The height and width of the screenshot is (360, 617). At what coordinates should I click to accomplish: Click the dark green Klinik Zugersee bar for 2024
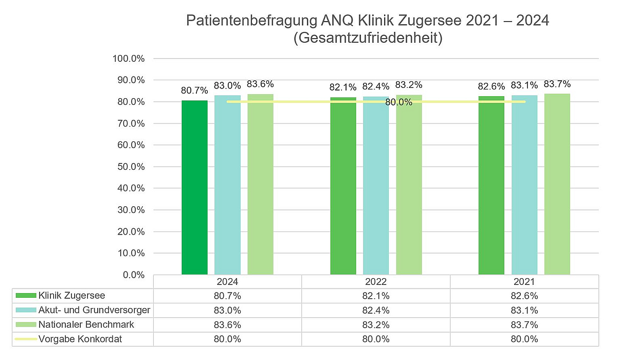(194, 188)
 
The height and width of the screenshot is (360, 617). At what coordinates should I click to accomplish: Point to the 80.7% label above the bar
(194, 91)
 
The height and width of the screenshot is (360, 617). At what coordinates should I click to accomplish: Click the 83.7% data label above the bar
(557, 84)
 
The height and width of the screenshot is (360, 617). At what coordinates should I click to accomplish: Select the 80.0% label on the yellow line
(399, 102)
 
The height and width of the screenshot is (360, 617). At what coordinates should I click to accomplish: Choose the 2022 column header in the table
(376, 282)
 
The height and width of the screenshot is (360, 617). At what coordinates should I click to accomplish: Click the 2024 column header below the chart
(227, 282)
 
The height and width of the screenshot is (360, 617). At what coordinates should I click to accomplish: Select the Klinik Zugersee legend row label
(71, 295)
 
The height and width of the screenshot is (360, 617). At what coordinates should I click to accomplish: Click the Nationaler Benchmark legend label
(86, 325)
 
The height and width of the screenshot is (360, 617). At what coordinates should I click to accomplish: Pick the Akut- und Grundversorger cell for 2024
(227, 310)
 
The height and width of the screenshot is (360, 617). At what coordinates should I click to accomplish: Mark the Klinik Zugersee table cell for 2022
(376, 296)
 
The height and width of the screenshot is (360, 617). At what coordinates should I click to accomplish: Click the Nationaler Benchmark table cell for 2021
(524, 325)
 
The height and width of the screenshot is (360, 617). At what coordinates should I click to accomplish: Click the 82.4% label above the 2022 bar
(376, 86)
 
